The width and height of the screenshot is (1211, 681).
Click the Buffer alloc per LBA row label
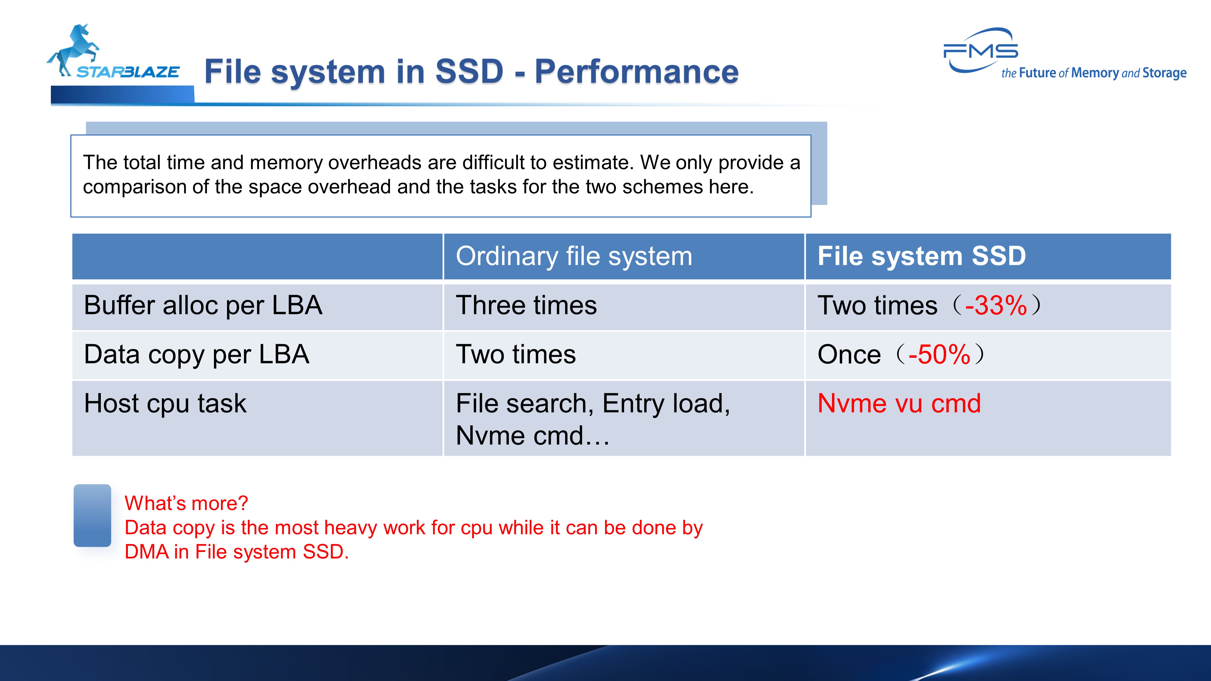[x=203, y=305]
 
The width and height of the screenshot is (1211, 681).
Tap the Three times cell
[x=526, y=305]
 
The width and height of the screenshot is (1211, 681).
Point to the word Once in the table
[x=849, y=354]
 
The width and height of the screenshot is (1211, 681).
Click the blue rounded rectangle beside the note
[x=92, y=516]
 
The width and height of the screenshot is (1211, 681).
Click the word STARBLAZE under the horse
[x=128, y=72]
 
